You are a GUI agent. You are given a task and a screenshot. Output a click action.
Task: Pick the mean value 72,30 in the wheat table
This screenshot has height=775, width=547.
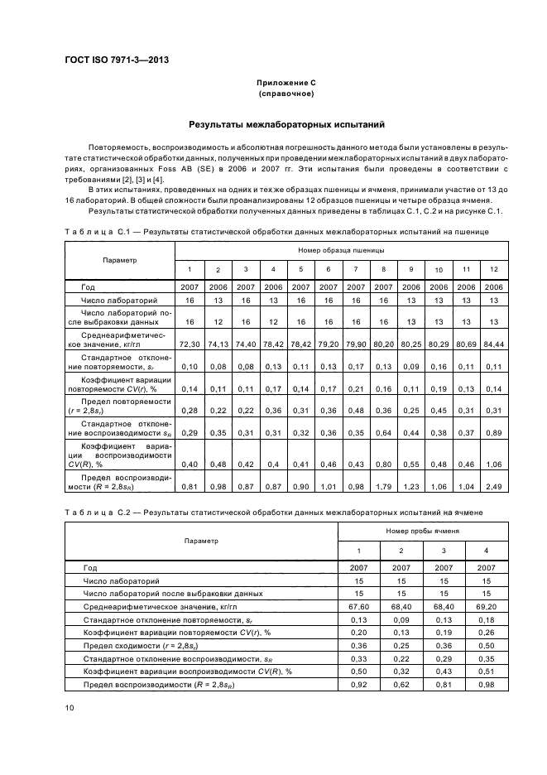(x=189, y=342)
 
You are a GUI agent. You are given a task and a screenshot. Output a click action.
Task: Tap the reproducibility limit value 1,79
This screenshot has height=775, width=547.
(x=384, y=485)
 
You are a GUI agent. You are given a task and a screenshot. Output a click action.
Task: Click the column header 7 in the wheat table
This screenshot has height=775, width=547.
(x=356, y=269)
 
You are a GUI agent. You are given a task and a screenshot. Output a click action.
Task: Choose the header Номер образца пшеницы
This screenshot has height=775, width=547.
(x=342, y=249)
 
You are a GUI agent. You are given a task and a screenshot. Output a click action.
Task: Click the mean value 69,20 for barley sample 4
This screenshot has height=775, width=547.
(x=486, y=606)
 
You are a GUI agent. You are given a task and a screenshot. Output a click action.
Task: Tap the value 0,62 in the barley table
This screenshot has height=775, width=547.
(x=401, y=685)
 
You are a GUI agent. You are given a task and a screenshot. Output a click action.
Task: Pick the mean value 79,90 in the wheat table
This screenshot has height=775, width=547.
(x=356, y=342)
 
